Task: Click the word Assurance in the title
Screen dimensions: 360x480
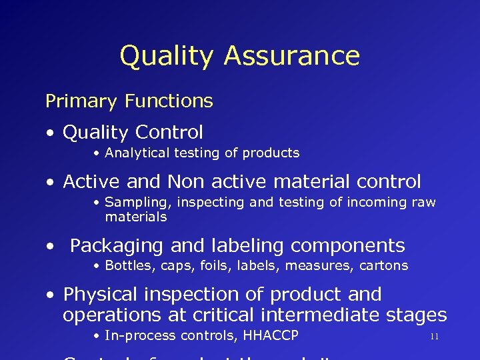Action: [x=291, y=56]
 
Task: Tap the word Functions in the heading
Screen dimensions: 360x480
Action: [x=169, y=101]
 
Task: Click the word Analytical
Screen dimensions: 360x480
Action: [x=137, y=153]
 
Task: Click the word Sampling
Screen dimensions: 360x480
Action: [x=131, y=203]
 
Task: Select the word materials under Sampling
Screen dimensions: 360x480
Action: [x=135, y=217]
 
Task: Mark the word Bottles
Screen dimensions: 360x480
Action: [x=127, y=265]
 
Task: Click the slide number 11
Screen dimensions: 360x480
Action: [x=434, y=337]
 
